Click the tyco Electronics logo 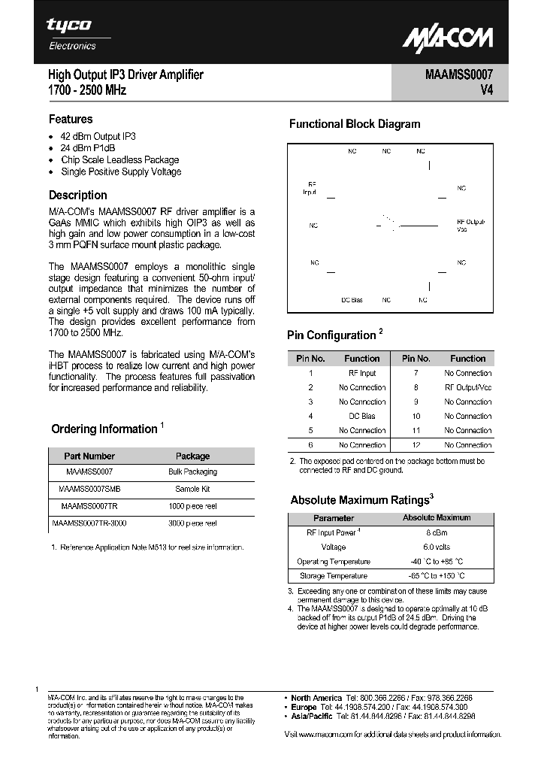tap(72, 34)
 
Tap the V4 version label tap(485, 90)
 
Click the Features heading tap(71, 119)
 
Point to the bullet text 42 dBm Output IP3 tap(98, 136)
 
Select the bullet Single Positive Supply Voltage tap(120, 171)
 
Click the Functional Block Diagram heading tap(355, 124)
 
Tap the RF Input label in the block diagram tap(310, 188)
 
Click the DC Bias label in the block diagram tap(352, 299)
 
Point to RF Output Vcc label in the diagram tap(470, 226)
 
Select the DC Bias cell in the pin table tap(362, 416)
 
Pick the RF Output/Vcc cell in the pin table tap(467, 387)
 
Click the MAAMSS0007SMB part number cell tap(89, 489)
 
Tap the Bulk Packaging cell tap(192, 471)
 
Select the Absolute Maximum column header tap(437, 517)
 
